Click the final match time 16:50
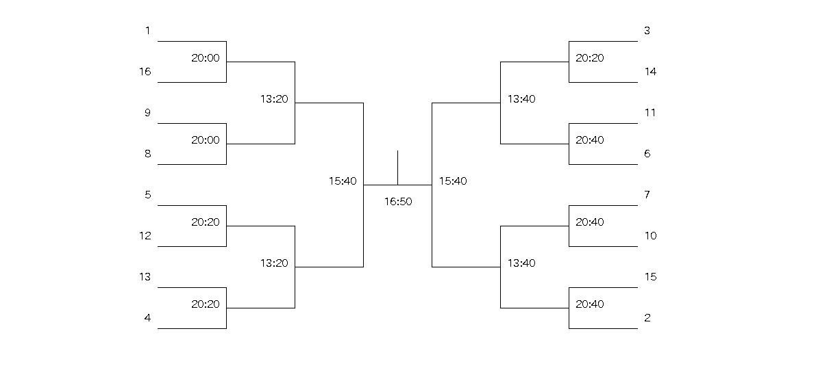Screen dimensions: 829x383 tap(398, 201)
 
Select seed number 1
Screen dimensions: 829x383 tap(148, 30)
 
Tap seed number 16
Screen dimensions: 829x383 tap(145, 71)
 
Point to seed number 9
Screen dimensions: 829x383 tap(148, 112)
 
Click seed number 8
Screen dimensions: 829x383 tap(148, 153)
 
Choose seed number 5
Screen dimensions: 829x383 tap(148, 195)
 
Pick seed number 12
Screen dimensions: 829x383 tap(145, 236)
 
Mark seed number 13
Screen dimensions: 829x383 tap(145, 276)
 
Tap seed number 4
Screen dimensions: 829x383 tap(148, 317)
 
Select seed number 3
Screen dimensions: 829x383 tap(647, 30)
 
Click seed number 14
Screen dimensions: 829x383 tap(651, 71)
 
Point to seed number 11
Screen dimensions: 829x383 tap(651, 112)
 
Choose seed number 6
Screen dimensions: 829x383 tap(647, 153)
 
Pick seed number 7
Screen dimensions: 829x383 tap(647, 195)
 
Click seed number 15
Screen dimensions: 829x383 tap(651, 276)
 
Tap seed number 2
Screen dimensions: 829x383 tap(647, 317)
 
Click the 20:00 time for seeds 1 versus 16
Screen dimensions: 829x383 tap(206, 57)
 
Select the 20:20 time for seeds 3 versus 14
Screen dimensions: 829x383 tap(590, 57)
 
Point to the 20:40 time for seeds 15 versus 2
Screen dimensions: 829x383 tap(590, 304)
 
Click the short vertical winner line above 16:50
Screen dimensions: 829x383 tap(398, 168)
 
